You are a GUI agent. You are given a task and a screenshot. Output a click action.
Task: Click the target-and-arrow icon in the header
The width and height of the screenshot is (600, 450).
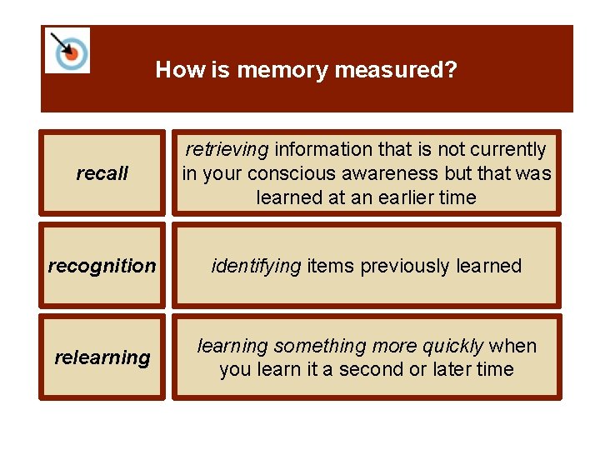tap(67, 50)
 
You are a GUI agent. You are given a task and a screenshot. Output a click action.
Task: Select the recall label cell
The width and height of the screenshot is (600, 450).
tap(102, 173)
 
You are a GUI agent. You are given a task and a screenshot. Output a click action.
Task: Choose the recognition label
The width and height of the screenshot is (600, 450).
tap(102, 266)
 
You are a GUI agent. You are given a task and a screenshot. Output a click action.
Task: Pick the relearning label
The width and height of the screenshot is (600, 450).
tap(102, 357)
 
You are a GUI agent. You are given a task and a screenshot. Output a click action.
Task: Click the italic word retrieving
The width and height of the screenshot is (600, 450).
tap(227, 150)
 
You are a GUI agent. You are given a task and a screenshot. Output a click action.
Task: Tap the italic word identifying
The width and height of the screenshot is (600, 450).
tap(257, 266)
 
